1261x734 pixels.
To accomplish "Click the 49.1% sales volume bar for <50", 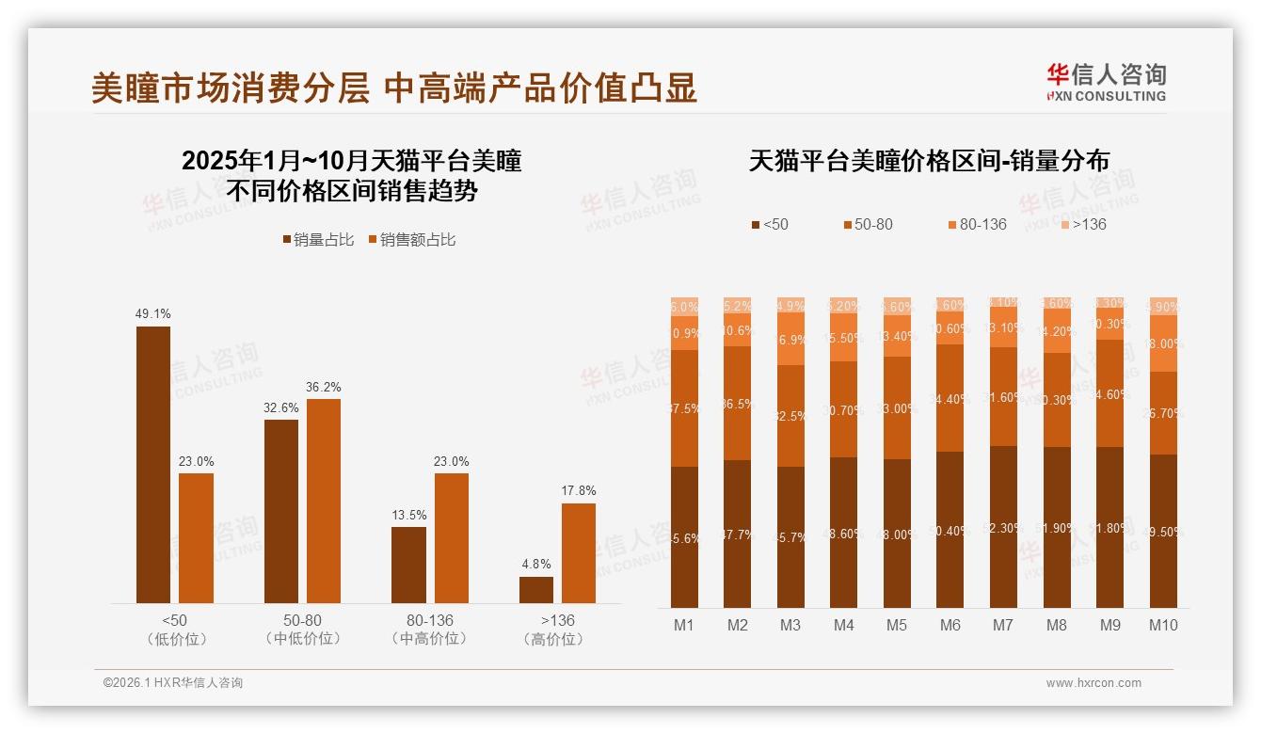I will (153, 465).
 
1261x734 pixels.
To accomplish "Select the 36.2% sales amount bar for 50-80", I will (324, 501).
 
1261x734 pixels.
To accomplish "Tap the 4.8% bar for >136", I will (536, 590).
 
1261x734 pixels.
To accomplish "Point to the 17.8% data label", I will (578, 490).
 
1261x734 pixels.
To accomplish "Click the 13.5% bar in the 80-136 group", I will (408, 565).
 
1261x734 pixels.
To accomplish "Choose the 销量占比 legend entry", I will (319, 240).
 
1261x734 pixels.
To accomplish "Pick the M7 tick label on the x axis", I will (1003, 625).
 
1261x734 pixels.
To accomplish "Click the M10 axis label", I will (1163, 625).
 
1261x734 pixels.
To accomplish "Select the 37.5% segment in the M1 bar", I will (685, 408).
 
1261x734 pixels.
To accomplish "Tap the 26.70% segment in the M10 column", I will (1163, 413).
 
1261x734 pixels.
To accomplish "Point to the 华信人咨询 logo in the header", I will (1106, 82).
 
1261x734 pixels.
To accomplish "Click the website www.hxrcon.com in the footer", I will (1093, 683).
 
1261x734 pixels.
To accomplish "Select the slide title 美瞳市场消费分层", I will (231, 88).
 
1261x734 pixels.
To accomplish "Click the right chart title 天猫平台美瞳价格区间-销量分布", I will (929, 161).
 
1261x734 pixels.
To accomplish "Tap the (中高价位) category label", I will (429, 639).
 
